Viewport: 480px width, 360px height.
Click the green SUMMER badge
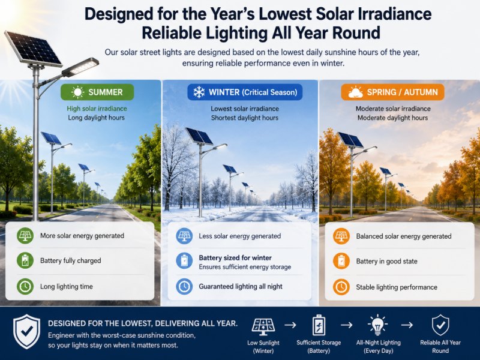[x=97, y=92]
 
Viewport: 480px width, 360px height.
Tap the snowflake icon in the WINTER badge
[x=199, y=92]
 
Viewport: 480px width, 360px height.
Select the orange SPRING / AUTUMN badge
[x=392, y=92]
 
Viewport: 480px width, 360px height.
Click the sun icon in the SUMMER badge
[x=77, y=92]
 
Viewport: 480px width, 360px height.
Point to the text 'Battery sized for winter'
[x=235, y=258]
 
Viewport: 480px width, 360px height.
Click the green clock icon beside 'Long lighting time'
[x=25, y=287]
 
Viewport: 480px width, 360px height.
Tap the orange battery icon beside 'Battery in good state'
[x=341, y=261]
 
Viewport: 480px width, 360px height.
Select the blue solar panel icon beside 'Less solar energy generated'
[x=184, y=236]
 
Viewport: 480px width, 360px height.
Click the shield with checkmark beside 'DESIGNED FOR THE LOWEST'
[x=26, y=332]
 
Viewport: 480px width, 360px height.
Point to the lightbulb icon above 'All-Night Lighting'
[x=378, y=325]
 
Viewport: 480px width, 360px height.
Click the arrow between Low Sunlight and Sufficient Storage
[x=290, y=325]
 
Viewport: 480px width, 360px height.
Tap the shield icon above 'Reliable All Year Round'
[x=440, y=325]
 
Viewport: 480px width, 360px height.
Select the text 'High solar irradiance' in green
[x=97, y=109]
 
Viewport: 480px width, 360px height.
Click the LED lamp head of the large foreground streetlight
[x=80, y=67]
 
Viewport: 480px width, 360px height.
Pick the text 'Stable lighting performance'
[x=397, y=287]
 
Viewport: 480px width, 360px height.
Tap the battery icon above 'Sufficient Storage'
[x=319, y=325]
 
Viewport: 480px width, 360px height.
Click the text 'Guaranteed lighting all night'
[x=241, y=287]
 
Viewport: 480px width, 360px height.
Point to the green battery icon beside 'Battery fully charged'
[x=25, y=261]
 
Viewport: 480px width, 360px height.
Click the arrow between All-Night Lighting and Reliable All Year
[x=407, y=325]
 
